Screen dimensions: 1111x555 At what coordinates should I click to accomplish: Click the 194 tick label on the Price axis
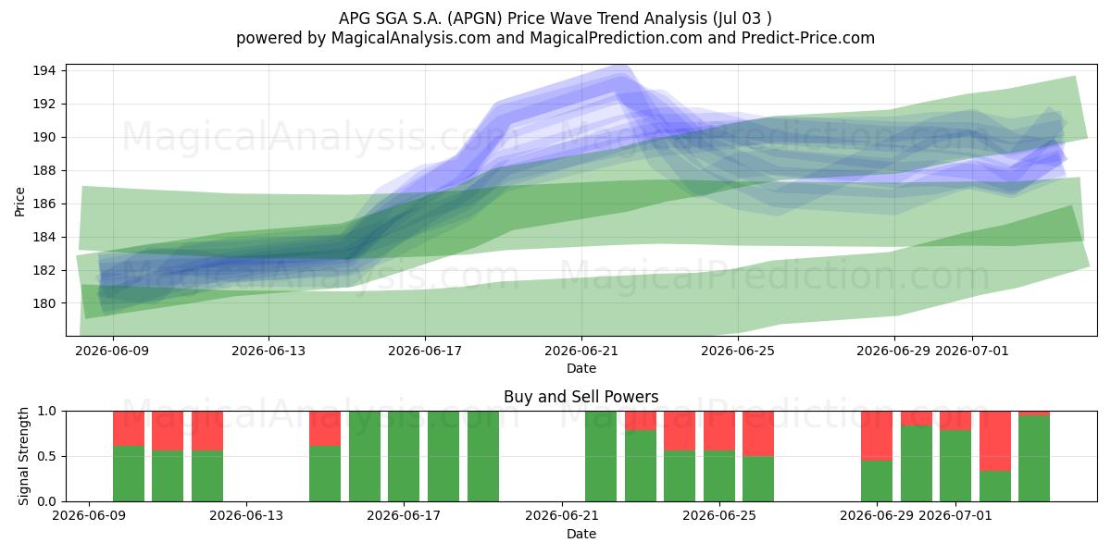click(x=43, y=71)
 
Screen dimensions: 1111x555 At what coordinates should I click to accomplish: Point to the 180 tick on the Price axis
click(x=43, y=303)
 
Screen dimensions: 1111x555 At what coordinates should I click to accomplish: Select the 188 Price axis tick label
click(x=43, y=170)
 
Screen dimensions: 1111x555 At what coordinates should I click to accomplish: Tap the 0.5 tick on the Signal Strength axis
click(x=47, y=456)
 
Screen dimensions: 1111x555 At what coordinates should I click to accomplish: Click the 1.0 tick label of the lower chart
click(x=47, y=412)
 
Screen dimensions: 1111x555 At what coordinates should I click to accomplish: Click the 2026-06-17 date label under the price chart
click(x=425, y=351)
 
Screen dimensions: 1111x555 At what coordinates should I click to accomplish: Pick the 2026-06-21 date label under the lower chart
click(x=562, y=515)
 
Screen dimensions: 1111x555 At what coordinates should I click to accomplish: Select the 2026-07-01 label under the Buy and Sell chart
click(x=955, y=515)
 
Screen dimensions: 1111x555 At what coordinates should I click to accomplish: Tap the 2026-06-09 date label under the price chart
click(x=112, y=351)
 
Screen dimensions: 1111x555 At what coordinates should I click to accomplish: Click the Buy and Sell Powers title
click(x=580, y=397)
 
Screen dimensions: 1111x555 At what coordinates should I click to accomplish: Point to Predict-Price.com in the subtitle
click(x=808, y=38)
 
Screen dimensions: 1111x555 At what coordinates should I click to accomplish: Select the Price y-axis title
click(x=19, y=202)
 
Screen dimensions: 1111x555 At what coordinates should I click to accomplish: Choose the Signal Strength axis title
click(x=23, y=456)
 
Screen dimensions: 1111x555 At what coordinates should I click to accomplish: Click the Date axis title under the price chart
click(x=581, y=368)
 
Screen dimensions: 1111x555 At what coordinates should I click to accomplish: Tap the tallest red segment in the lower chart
click(x=995, y=441)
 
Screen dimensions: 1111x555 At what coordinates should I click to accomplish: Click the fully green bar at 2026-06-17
click(x=404, y=456)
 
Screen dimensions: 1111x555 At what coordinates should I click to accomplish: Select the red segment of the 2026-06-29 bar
click(x=877, y=436)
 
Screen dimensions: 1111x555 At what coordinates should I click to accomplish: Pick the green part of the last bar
click(x=1034, y=459)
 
